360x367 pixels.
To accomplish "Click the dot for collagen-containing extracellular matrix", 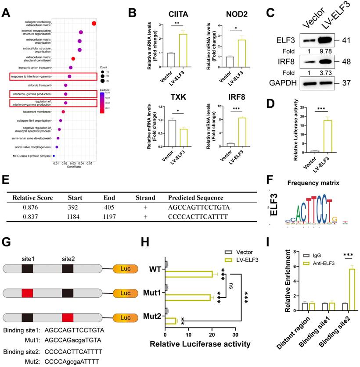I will click(94, 23).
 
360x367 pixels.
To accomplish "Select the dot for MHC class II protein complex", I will click(54, 155).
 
